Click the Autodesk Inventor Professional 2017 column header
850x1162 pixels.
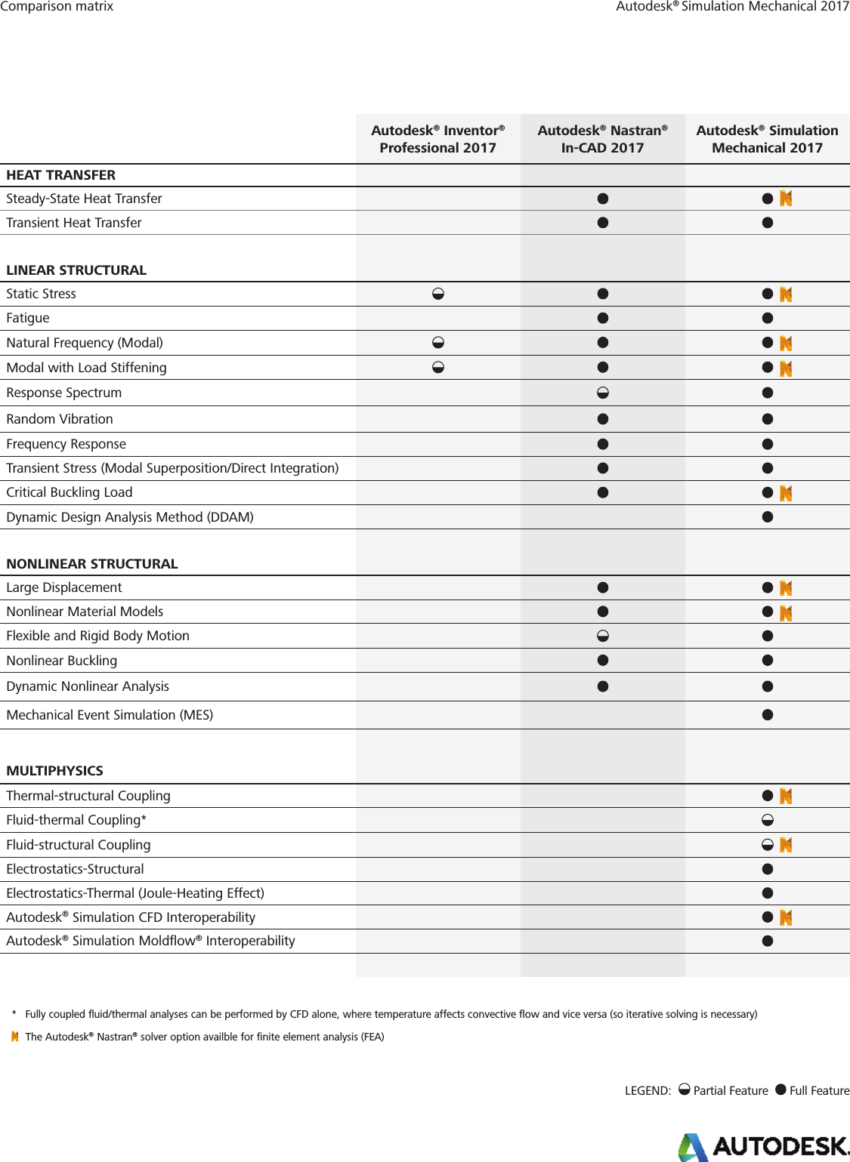coord(437,139)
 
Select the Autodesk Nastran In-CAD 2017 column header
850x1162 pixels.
coord(602,139)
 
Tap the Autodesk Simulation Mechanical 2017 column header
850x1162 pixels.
coord(767,139)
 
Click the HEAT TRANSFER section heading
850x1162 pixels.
coord(61,175)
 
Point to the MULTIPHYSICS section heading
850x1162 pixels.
coord(54,771)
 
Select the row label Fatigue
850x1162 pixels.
coord(28,318)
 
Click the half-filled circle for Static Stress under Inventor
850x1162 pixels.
coord(438,294)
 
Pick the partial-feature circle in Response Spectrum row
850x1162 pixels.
coord(603,393)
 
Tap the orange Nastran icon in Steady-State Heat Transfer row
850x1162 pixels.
coord(786,199)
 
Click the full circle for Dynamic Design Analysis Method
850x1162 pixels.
coord(768,517)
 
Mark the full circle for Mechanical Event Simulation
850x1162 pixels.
coord(768,715)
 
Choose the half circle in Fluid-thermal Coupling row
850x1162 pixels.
coord(768,820)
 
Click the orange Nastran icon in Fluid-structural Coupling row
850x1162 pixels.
coord(786,845)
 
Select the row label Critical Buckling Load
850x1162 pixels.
coord(70,492)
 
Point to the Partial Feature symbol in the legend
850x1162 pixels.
coord(684,1090)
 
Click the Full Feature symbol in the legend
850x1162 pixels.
coord(780,1090)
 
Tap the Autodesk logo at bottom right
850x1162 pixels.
coord(763,1146)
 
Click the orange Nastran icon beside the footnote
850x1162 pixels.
coord(15,1037)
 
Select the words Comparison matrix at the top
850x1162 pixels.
coord(57,7)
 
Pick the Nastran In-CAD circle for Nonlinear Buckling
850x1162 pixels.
coord(603,661)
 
